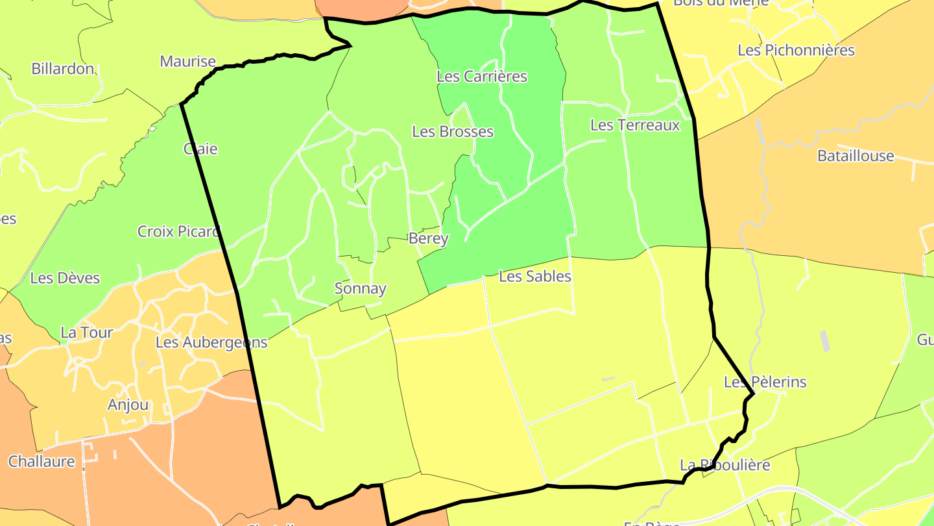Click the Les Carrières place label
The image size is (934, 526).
[x=482, y=77]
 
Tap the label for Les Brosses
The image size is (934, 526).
[x=453, y=132]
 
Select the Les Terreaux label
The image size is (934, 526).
[x=635, y=125]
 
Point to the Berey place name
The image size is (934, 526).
[x=428, y=239]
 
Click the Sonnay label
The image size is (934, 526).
[x=361, y=289]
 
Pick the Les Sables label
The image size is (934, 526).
[x=535, y=277]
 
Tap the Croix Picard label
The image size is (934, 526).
[x=179, y=231]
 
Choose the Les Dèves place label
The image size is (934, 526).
[x=65, y=278]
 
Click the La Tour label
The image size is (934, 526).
[x=87, y=332]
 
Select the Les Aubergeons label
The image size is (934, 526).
[x=211, y=342]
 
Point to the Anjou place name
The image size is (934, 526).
[x=128, y=405]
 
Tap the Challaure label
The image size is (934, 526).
[x=42, y=462]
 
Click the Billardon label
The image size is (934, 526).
[x=62, y=69]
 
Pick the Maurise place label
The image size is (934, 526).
[x=187, y=62]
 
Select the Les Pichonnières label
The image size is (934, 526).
[x=796, y=51]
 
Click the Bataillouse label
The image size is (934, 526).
[x=856, y=156]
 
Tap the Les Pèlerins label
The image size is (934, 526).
[x=765, y=382]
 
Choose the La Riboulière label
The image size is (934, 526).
[x=725, y=465]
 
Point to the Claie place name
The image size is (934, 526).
[x=201, y=149]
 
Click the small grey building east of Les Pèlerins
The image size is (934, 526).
[x=825, y=340]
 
